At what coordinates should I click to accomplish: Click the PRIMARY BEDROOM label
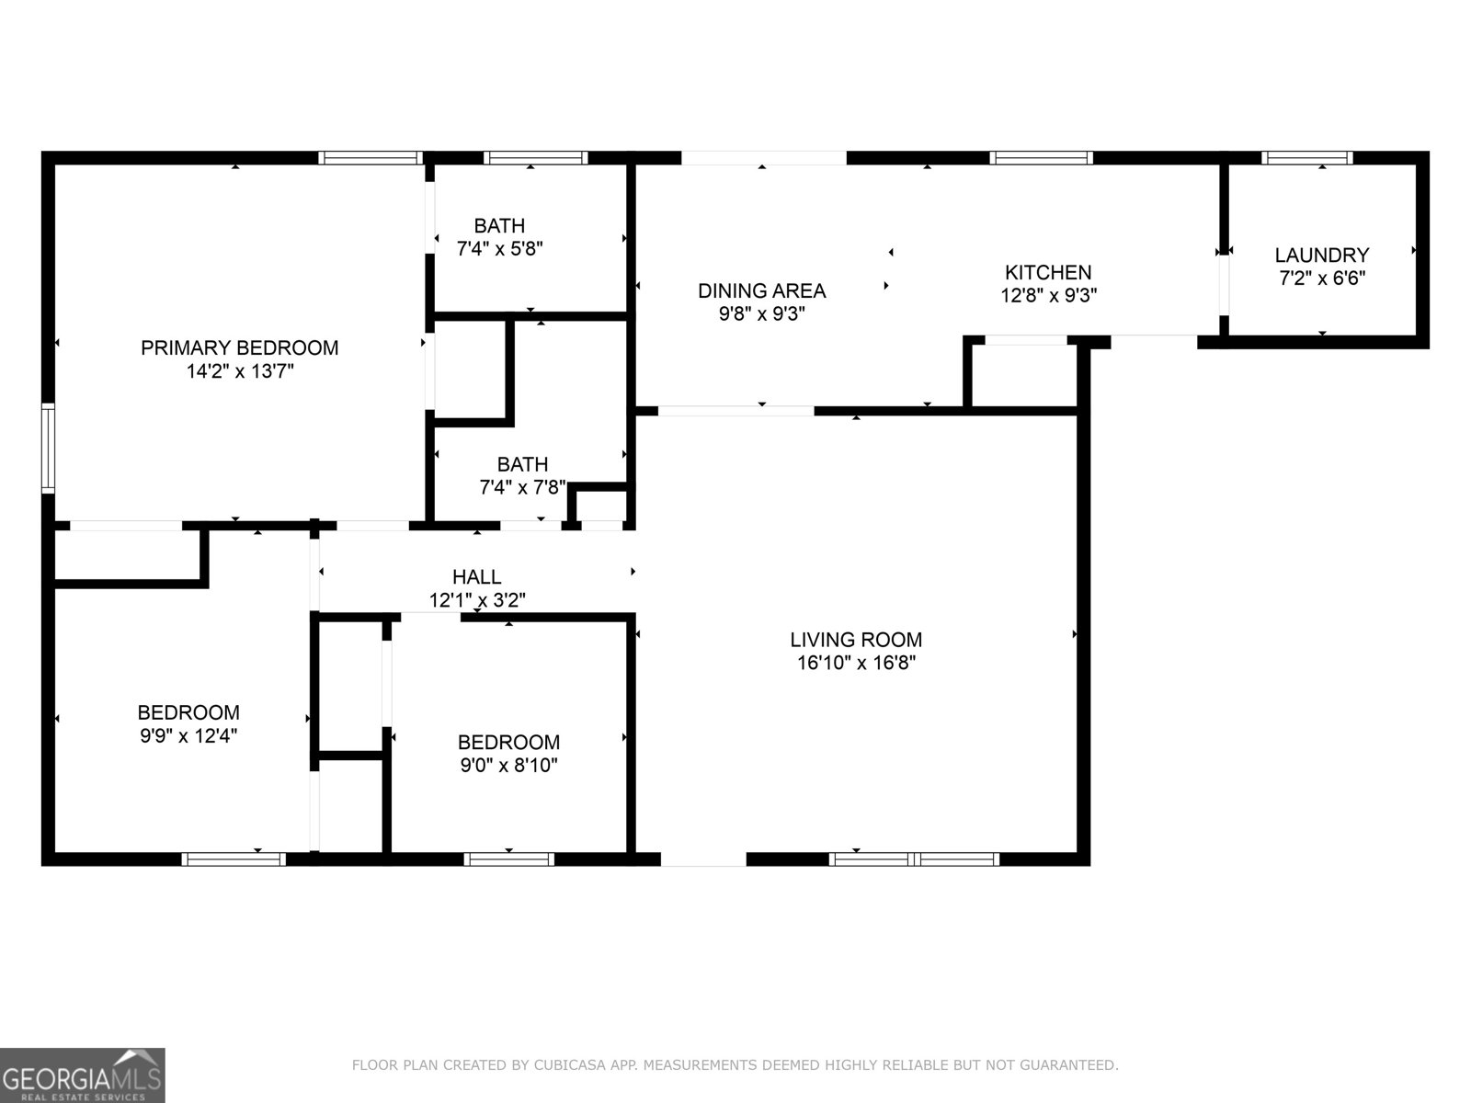click(239, 348)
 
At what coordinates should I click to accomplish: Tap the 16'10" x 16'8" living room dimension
click(856, 663)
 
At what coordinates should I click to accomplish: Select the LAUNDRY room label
click(1321, 255)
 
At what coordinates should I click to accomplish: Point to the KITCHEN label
click(1047, 272)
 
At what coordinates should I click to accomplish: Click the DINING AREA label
click(761, 290)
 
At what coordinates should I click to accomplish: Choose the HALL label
click(476, 576)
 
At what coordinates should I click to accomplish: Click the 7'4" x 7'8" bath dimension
click(522, 488)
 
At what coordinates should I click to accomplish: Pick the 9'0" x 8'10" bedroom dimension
click(508, 765)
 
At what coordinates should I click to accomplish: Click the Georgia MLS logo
click(82, 1075)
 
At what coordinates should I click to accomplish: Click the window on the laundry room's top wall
click(1306, 158)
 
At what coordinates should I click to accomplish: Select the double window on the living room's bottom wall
click(913, 859)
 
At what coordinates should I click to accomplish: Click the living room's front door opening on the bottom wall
click(703, 859)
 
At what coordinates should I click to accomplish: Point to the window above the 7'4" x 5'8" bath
click(535, 158)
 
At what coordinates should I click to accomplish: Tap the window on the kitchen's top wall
click(1041, 158)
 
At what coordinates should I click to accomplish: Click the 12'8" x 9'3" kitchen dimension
click(1048, 295)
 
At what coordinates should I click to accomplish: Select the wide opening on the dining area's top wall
click(763, 158)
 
